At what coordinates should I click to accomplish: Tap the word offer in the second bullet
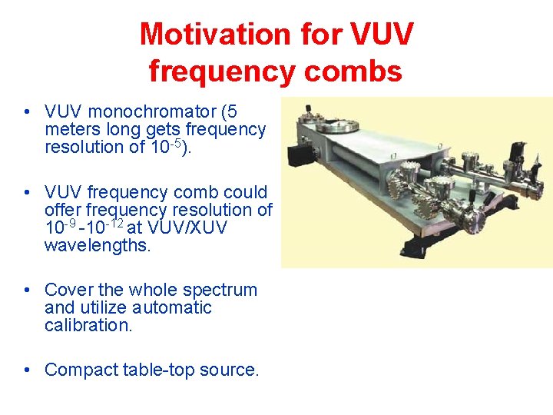(x=65, y=210)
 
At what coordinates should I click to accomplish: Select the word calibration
(x=87, y=326)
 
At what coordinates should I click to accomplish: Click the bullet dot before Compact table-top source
(x=28, y=370)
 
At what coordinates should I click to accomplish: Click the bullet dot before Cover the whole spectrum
(x=28, y=290)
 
